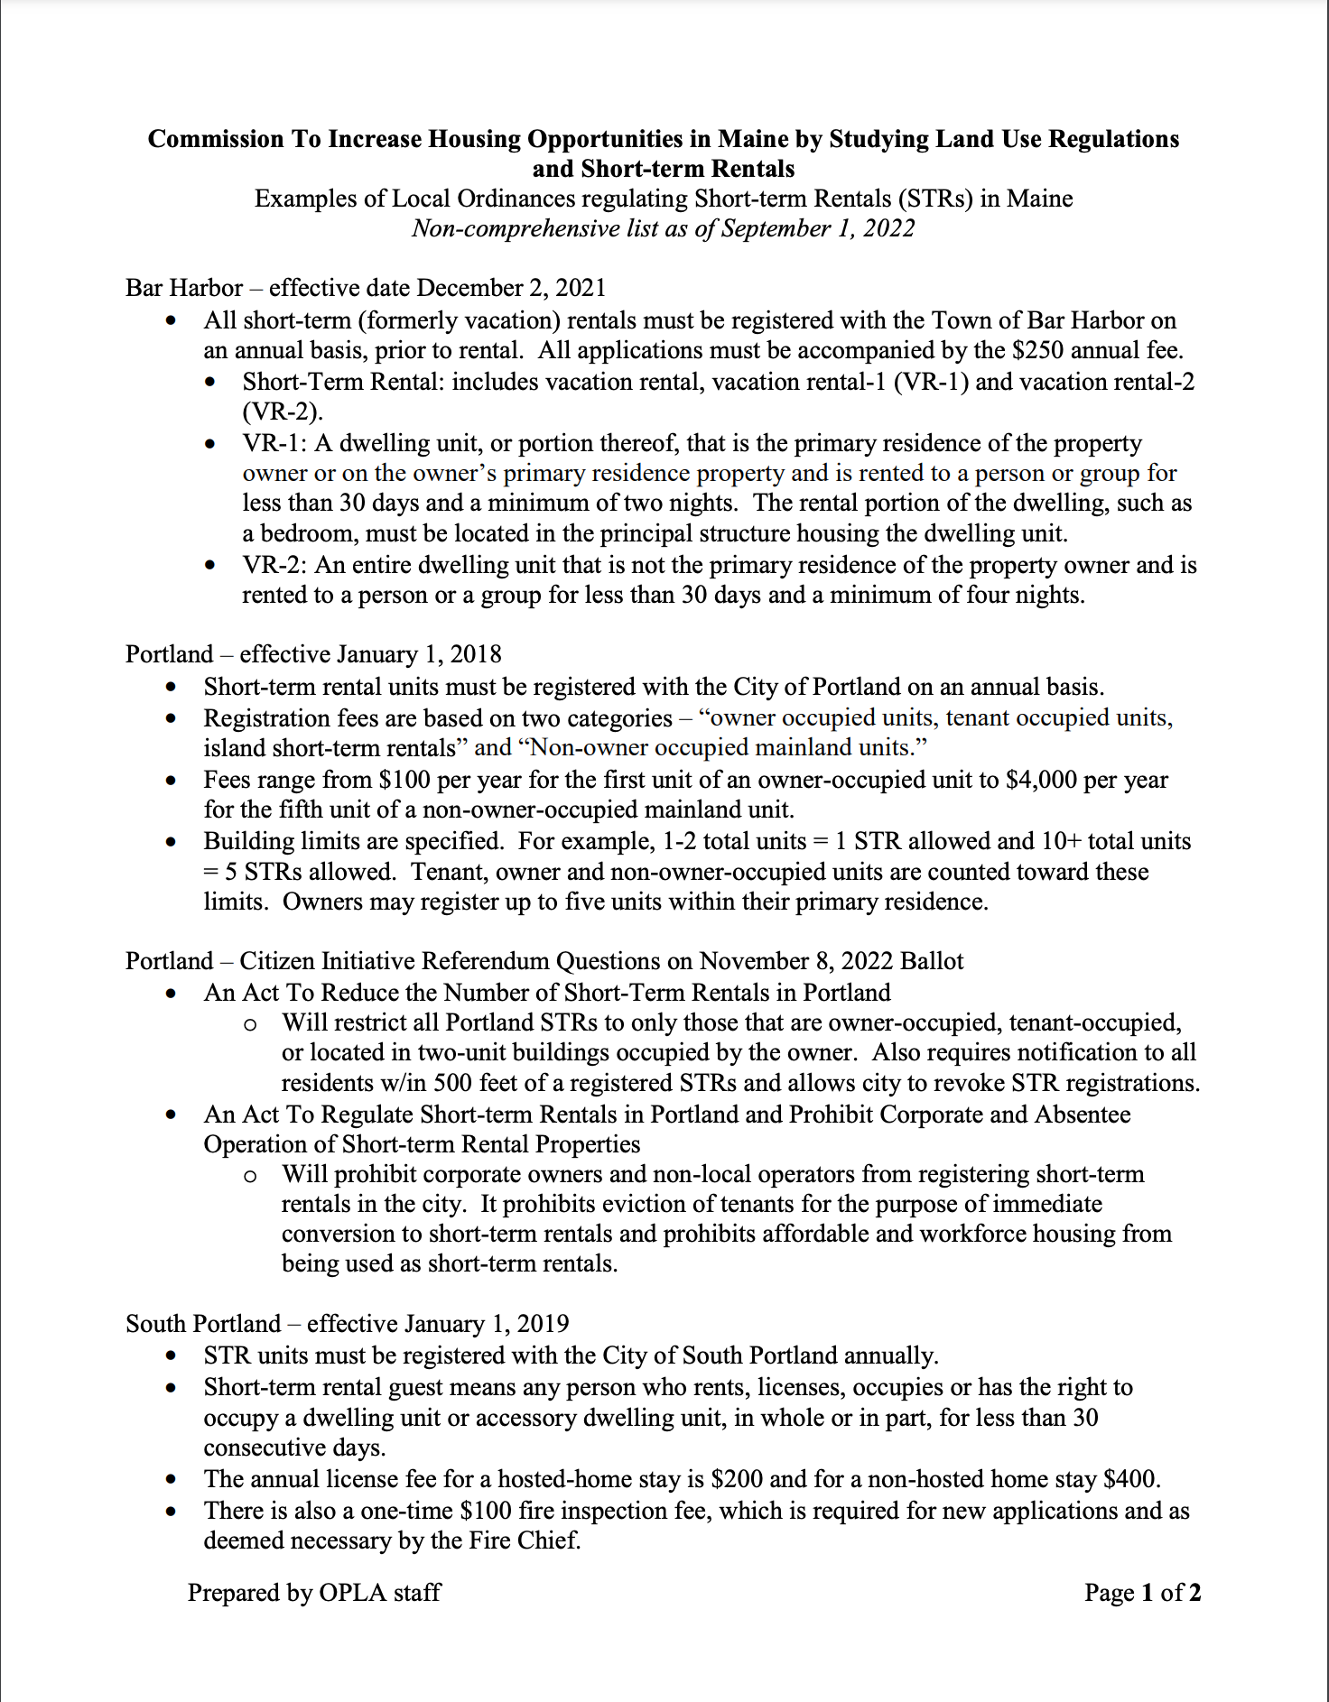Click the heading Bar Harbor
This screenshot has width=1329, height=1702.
[x=184, y=288]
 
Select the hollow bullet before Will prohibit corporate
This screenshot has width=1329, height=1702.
[x=250, y=1176]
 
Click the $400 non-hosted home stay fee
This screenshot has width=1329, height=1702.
[x=1130, y=1479]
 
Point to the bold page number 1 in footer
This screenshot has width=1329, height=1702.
[x=1148, y=1593]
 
